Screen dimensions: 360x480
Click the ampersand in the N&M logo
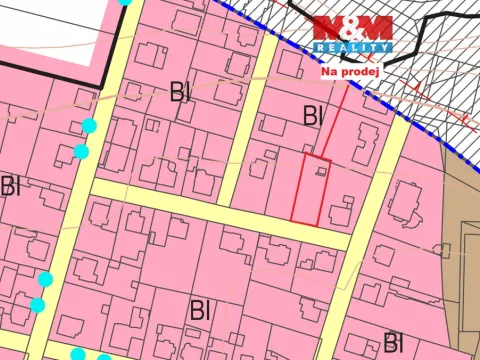(x=352, y=28)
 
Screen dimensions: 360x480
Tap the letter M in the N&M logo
(x=374, y=28)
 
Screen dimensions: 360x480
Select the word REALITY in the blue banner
(x=353, y=47)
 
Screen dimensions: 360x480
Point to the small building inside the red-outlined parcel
(x=320, y=172)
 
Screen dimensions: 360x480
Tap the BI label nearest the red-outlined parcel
(x=313, y=116)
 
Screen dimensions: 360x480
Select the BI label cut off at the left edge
(x=9, y=186)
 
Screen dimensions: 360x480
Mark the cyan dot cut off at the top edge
(x=124, y=2)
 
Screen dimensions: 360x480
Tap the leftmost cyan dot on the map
(x=38, y=304)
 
